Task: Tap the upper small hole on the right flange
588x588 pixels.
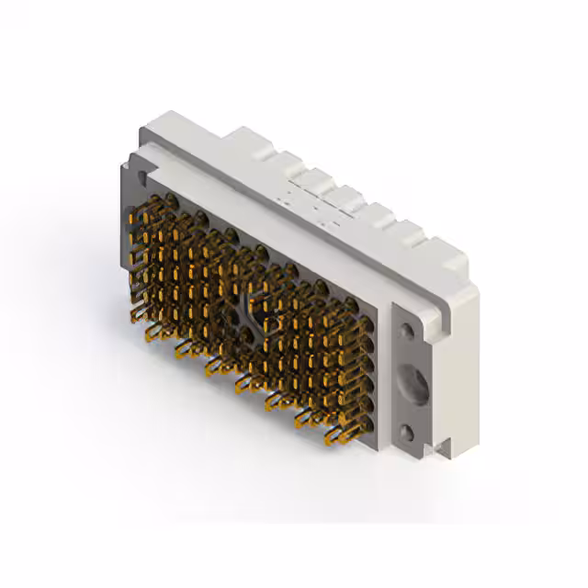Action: click(x=405, y=327)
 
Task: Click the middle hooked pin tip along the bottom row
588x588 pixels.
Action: click(x=243, y=387)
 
